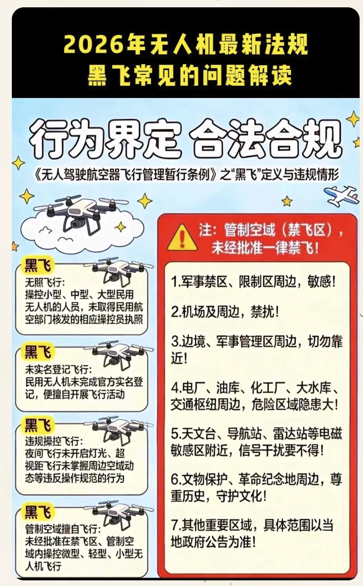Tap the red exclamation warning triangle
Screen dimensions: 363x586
pyautogui.click(x=182, y=238)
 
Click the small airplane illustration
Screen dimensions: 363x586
pyautogui.click(x=342, y=196)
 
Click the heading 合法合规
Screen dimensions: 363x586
pyautogui.click(x=266, y=139)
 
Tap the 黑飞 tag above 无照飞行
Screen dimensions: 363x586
pyautogui.click(x=37, y=265)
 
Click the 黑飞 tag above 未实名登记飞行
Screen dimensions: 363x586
pyautogui.click(x=37, y=352)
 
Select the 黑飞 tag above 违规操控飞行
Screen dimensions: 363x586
pyautogui.click(x=37, y=425)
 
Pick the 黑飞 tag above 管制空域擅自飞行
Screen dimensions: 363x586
pyautogui.click(x=37, y=512)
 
